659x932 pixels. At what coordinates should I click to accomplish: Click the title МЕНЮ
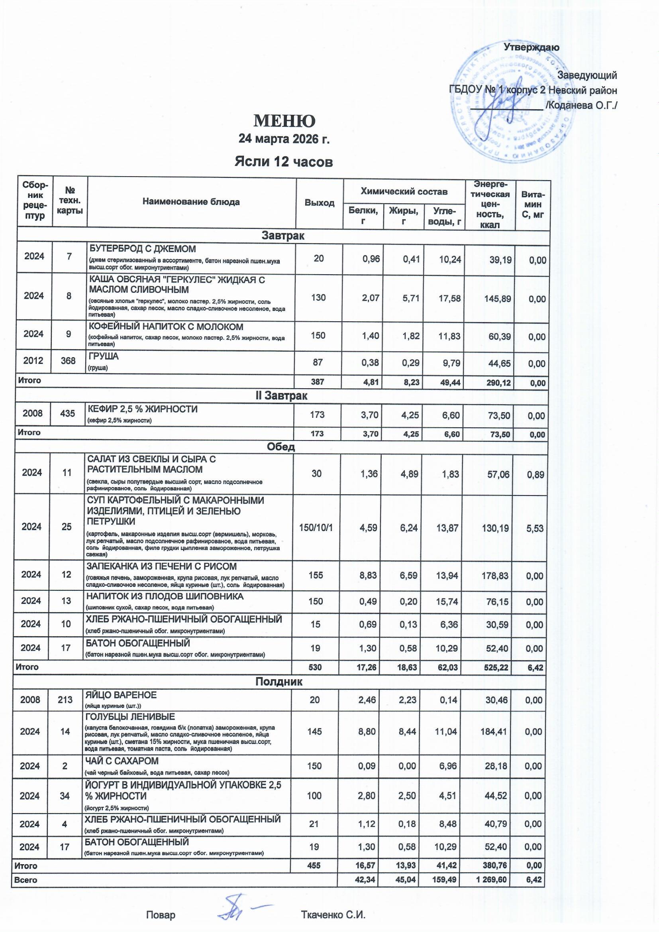(284, 120)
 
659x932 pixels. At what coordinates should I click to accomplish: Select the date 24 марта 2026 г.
(284, 139)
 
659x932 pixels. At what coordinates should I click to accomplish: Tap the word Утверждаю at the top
(531, 47)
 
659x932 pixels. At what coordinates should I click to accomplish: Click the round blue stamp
(512, 104)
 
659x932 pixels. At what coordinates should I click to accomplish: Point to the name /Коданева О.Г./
(581, 106)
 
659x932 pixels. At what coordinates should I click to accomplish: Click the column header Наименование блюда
(191, 202)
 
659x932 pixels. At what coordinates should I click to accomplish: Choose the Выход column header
(320, 203)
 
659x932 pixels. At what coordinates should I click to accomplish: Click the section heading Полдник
(279, 682)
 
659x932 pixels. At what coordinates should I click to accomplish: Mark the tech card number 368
(68, 360)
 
